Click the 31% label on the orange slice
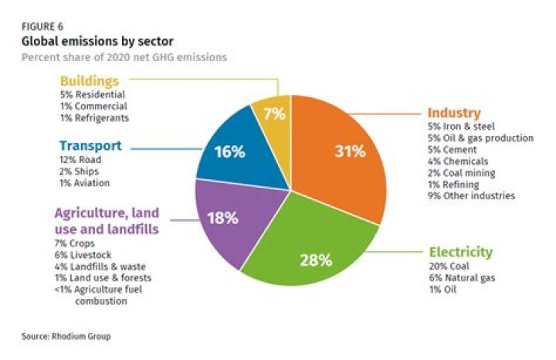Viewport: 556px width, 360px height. tap(350, 151)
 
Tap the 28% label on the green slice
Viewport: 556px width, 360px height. tap(316, 260)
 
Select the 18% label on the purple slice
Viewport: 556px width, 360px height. tap(223, 218)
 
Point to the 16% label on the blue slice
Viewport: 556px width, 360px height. tap(230, 151)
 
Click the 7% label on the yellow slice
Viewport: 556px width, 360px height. tap(275, 114)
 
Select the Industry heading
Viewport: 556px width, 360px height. tap(454, 113)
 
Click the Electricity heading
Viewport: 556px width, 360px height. tap(460, 253)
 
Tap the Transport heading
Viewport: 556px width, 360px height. tap(90, 145)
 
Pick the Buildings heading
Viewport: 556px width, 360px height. tap(90, 80)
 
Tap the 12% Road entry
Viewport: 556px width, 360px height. tap(80, 160)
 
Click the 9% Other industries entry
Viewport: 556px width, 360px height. tap(470, 196)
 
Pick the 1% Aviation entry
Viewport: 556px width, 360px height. tap(85, 183)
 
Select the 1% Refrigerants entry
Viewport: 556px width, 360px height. tap(93, 117)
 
